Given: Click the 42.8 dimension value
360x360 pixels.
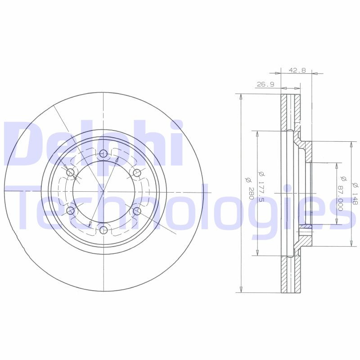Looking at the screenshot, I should click(x=297, y=70).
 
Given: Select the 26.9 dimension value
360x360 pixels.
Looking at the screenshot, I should click(x=265, y=84).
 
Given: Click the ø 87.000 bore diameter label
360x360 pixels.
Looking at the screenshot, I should click(x=341, y=192).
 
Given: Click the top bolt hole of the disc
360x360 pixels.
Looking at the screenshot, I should click(x=103, y=154).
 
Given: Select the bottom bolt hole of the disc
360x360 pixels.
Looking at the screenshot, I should click(x=103, y=230).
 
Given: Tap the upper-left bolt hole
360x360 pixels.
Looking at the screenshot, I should click(x=70, y=173).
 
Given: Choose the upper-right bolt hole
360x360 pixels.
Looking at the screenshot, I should click(x=137, y=173).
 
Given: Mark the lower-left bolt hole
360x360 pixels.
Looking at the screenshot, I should click(x=70, y=211).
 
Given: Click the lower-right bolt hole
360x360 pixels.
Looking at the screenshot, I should click(x=137, y=211).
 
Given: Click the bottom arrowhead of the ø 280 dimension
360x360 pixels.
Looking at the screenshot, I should click(x=242, y=290).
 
